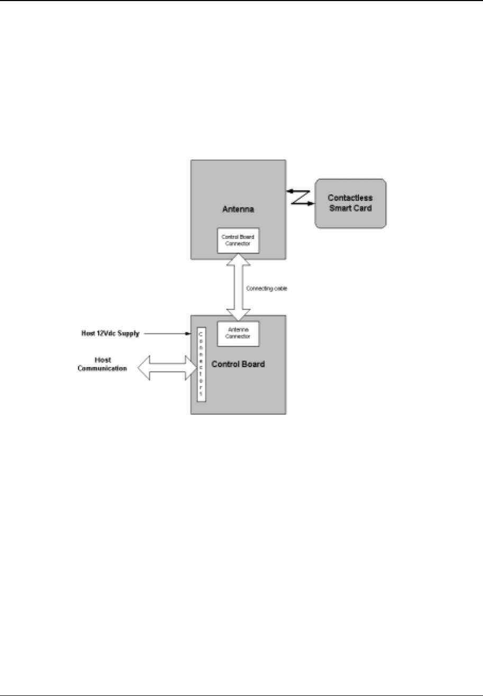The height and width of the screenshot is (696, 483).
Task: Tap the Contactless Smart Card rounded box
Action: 351,204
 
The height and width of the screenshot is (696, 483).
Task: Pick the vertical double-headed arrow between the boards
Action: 238,287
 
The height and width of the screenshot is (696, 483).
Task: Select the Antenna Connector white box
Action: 238,333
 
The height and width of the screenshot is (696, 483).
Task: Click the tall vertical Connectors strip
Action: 201,365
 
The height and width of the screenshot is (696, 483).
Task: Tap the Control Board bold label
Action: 238,364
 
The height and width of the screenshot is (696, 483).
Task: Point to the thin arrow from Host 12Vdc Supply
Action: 167,334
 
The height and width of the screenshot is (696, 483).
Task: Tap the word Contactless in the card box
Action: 351,199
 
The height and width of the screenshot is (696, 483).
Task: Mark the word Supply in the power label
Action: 127,334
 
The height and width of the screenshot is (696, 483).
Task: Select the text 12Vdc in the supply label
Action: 104,334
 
